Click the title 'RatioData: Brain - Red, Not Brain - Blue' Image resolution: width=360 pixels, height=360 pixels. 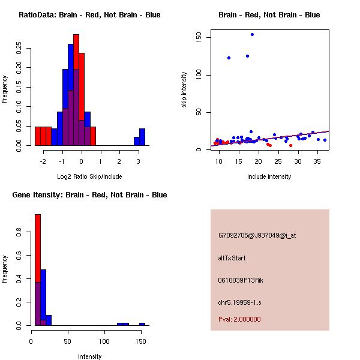[x=89, y=15]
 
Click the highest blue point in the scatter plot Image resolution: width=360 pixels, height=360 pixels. [x=252, y=34]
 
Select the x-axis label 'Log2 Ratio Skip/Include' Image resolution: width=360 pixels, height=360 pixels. [x=89, y=176]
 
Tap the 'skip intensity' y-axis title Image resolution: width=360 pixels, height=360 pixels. [x=184, y=90]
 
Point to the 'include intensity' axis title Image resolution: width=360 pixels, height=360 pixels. [x=269, y=176]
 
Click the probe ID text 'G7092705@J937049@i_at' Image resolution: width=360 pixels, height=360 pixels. [x=257, y=236]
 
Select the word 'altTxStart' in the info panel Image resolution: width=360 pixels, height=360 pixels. [x=232, y=258]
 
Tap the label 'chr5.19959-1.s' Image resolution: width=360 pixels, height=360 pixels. [x=239, y=302]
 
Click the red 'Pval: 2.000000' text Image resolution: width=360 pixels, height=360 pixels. [x=239, y=319]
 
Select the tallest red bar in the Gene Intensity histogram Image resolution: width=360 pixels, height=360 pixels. [x=37, y=270]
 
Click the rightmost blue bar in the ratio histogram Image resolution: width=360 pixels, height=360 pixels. [x=142, y=137]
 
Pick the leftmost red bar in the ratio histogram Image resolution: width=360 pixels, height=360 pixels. [x=38, y=136]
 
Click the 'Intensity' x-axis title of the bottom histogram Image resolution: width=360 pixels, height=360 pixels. [x=89, y=356]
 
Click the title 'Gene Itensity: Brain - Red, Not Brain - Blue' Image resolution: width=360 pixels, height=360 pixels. [x=89, y=195]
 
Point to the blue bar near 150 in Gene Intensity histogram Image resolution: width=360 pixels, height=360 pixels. [x=142, y=324]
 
